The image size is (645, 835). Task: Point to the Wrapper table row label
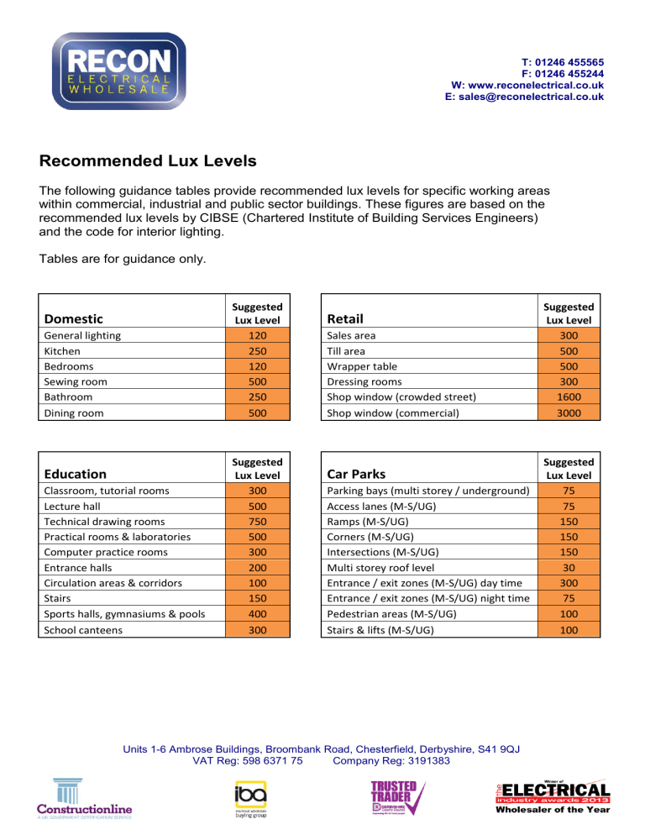click(362, 366)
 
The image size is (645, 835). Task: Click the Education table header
click(76, 474)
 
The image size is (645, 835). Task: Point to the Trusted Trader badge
click(398, 799)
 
